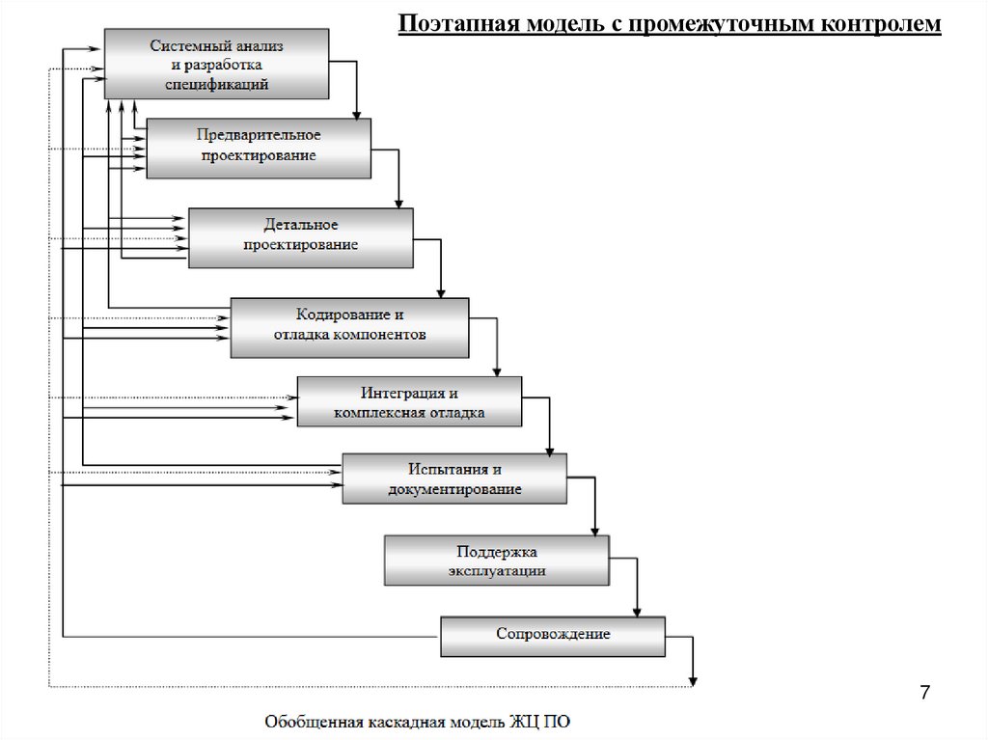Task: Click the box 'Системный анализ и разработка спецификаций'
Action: (x=216, y=64)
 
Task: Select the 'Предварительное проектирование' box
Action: (x=259, y=148)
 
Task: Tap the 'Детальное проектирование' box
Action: (x=301, y=236)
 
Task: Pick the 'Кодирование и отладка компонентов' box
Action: (x=349, y=327)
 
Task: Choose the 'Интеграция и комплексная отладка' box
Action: (x=409, y=401)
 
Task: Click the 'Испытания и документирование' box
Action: (x=454, y=479)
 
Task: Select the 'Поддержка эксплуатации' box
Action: (x=497, y=561)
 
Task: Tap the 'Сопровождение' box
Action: (x=553, y=635)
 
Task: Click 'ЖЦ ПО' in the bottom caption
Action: (x=553, y=721)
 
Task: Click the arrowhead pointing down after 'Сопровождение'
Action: (x=693, y=680)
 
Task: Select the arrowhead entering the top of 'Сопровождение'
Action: (x=637, y=611)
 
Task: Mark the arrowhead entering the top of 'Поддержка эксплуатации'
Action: (x=594, y=530)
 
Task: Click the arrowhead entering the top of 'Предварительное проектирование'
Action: (x=357, y=114)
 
